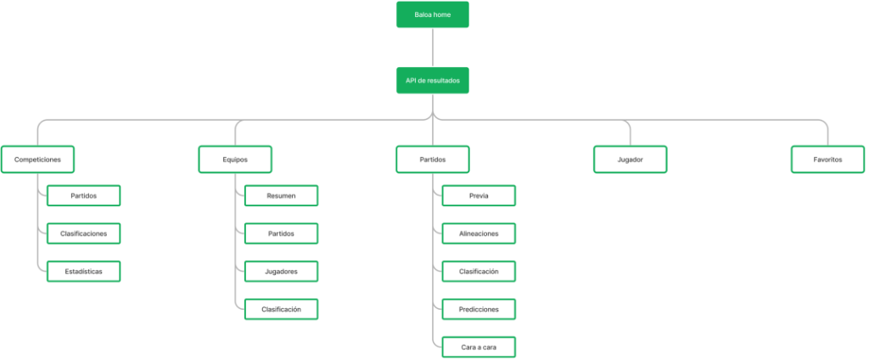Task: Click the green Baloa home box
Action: point(432,14)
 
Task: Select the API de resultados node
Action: point(432,81)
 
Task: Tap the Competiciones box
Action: point(37,160)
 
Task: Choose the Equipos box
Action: point(235,160)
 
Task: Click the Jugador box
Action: point(631,160)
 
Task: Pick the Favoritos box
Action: point(828,160)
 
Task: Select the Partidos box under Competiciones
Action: point(84,196)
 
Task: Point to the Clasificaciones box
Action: point(84,233)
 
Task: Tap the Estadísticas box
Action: point(84,271)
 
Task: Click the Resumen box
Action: point(281,196)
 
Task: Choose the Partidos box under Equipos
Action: point(281,233)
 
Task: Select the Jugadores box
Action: point(281,271)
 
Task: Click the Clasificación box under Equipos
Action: point(281,309)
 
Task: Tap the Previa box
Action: point(479,196)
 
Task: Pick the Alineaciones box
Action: point(479,233)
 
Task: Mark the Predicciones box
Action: point(479,309)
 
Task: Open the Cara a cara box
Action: point(479,346)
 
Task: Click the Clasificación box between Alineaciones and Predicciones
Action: point(479,271)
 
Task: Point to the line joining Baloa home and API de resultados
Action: point(432,48)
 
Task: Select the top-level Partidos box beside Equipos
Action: point(432,160)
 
